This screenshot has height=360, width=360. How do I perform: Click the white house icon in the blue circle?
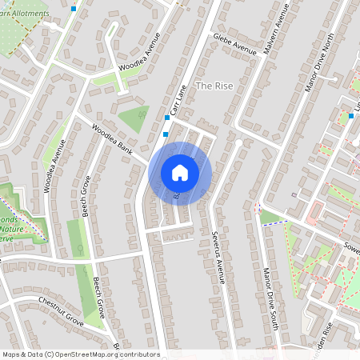pyautogui.click(x=180, y=172)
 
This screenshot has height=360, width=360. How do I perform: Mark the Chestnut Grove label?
pyautogui.click(x=61, y=311)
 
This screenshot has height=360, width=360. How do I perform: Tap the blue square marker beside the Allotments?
pyautogui.click(x=74, y=9)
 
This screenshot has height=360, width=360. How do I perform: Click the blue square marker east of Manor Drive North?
pyautogui.click(x=350, y=117)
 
